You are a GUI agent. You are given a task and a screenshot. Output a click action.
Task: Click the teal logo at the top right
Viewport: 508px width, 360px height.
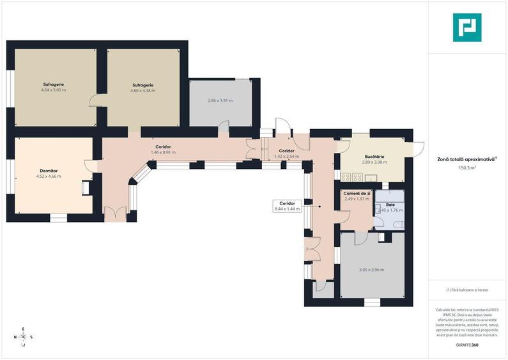coord(467,27)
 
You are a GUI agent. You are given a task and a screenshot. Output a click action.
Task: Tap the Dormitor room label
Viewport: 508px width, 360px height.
coord(49,171)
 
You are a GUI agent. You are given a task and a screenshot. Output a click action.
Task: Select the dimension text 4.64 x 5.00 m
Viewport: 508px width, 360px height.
coord(53,90)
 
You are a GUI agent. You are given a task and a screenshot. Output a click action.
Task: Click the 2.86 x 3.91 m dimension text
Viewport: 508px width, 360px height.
coord(220,101)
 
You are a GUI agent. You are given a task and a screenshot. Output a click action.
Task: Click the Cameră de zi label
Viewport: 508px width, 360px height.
coord(357,193)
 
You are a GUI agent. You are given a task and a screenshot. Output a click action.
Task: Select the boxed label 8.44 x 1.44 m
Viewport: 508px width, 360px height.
coord(287,205)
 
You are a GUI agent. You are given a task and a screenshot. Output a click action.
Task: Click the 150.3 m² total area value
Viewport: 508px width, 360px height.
coord(468,168)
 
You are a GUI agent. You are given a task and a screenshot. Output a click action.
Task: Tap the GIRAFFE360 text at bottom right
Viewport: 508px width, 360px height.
coord(468,345)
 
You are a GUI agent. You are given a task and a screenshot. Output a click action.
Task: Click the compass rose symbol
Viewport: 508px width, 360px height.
coord(23,337)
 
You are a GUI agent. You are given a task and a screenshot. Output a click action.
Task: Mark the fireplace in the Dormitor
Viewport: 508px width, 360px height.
coord(85,187)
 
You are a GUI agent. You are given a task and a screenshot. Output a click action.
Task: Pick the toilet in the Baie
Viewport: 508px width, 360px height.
coord(380,221)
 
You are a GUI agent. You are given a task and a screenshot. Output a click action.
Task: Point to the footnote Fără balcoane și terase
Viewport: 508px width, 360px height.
coord(468,290)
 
